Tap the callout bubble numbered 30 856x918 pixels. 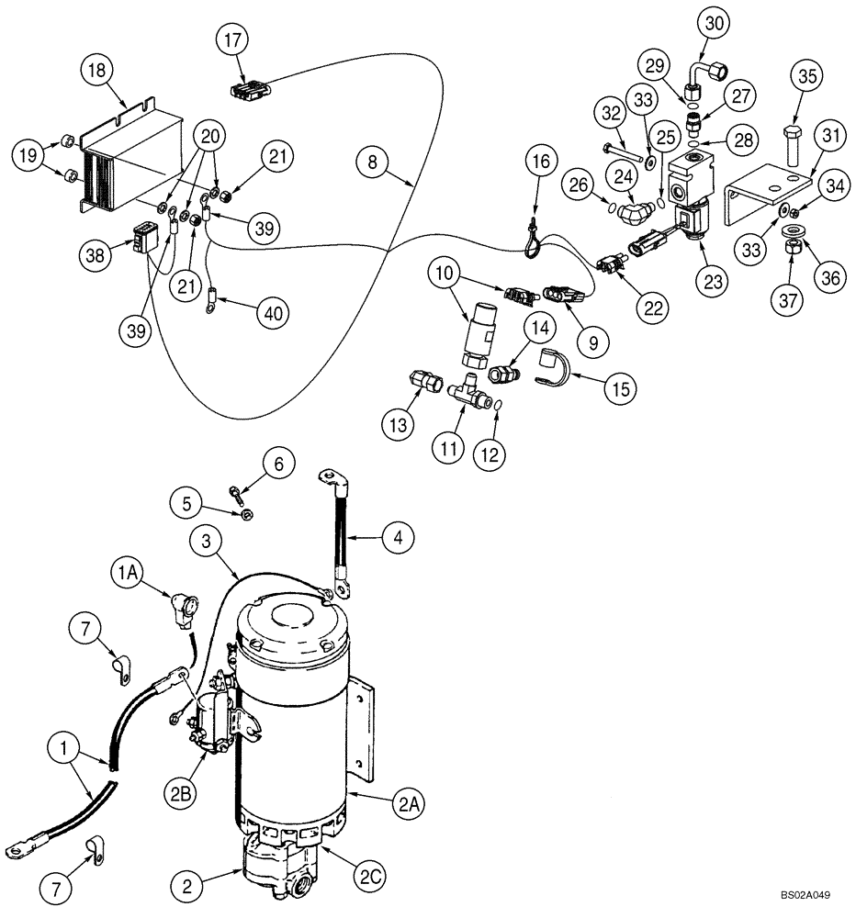[x=715, y=22]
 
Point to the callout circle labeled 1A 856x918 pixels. [x=128, y=573]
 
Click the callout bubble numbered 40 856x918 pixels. [x=273, y=313]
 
